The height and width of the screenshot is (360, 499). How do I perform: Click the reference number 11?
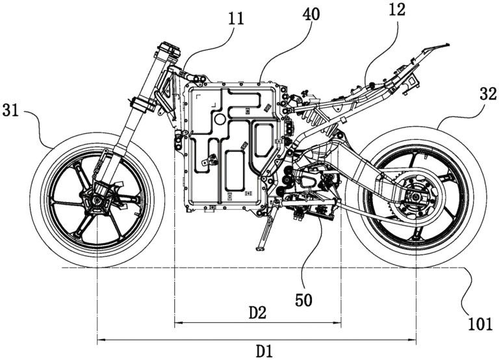pos(237,18)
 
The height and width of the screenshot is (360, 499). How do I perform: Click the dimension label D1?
pos(262,352)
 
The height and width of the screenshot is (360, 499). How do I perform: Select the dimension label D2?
pos(258,312)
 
